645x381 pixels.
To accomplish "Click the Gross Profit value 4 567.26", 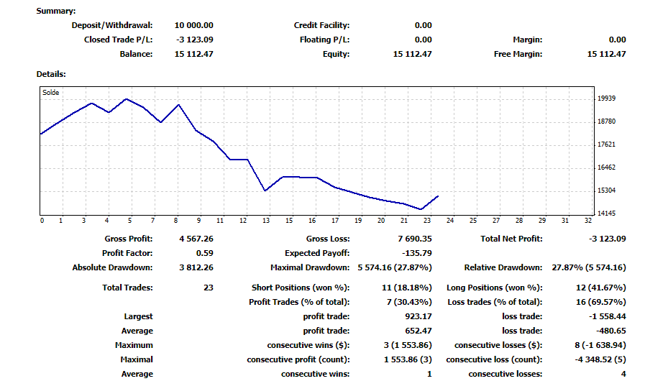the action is pyautogui.click(x=196, y=239).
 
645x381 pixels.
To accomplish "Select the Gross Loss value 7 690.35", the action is pyautogui.click(x=415, y=239).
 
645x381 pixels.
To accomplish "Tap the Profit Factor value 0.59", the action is pyautogui.click(x=204, y=253).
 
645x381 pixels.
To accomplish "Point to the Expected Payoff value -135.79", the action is pyautogui.click(x=417, y=253).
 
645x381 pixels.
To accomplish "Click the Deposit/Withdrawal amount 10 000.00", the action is pyautogui.click(x=193, y=25).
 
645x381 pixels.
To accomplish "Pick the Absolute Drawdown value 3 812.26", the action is pyautogui.click(x=196, y=267).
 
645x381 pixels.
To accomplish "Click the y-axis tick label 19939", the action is pyautogui.click(x=606, y=98).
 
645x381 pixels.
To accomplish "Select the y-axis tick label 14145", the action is pyautogui.click(x=606, y=214).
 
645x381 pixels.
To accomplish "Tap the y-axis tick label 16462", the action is pyautogui.click(x=606, y=167).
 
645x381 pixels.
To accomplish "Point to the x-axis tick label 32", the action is pyautogui.click(x=587, y=221).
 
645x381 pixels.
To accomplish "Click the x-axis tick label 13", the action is pyautogui.click(x=266, y=221).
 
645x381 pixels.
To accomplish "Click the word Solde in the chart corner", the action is pyautogui.click(x=50, y=93).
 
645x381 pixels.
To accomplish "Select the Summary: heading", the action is pyautogui.click(x=56, y=11).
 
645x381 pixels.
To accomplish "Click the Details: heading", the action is pyautogui.click(x=51, y=74).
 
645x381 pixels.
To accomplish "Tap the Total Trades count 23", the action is pyautogui.click(x=209, y=288).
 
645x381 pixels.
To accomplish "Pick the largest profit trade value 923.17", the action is pyautogui.click(x=418, y=316).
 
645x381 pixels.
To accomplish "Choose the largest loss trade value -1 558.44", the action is pyautogui.click(x=607, y=316).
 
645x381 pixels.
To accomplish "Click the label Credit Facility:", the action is pyautogui.click(x=321, y=25).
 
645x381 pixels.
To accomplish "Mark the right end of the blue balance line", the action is pyautogui.click(x=438, y=196).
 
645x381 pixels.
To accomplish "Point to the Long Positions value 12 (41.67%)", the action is pyautogui.click(x=601, y=288).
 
